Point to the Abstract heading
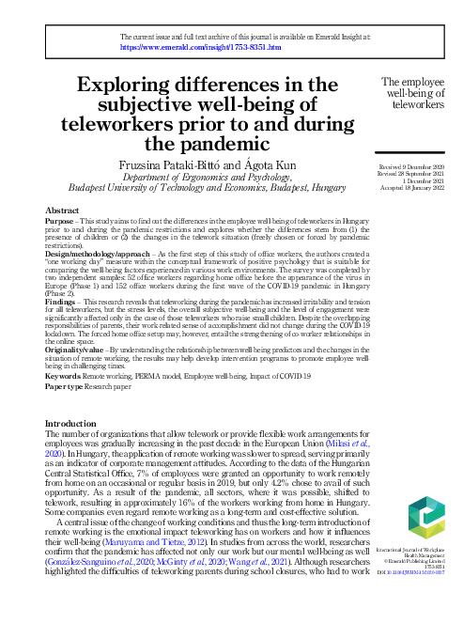click(x=62, y=210)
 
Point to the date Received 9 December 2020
click(x=400, y=166)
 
